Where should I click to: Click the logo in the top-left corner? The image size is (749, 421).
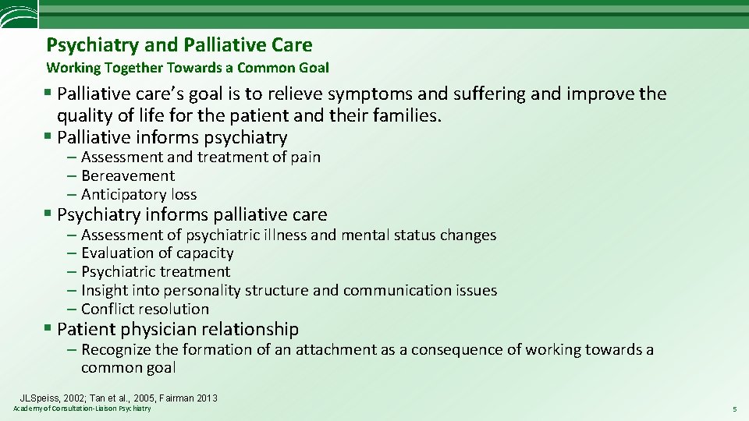click(17, 15)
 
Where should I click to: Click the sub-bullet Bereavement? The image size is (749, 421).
click(128, 175)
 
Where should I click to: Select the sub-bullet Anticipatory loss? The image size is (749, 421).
click(139, 194)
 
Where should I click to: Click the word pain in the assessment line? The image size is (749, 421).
click(307, 157)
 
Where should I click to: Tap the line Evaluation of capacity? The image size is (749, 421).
click(157, 253)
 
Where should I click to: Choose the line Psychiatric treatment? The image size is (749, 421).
click(155, 271)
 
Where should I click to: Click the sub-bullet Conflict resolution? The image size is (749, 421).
click(145, 309)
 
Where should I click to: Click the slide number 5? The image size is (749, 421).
click(734, 409)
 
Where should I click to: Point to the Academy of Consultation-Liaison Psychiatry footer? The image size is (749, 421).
click(82, 409)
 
